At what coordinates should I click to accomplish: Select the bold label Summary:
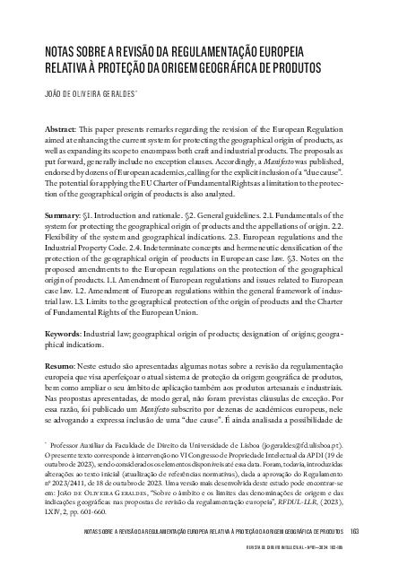tap(63, 217)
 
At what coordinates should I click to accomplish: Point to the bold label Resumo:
tap(61, 369)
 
